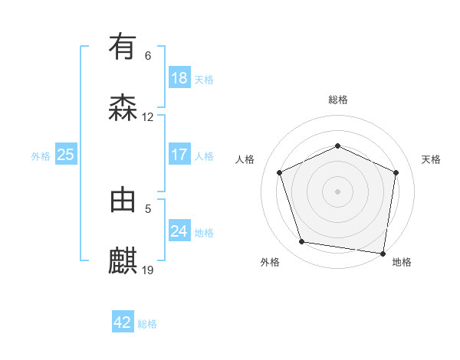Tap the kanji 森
coord(123,108)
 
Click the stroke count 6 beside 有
coord(148,56)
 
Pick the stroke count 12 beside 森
coord(148,117)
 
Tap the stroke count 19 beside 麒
coord(148,270)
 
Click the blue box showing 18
coord(179,78)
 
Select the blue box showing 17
coord(179,155)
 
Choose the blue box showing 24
coord(179,231)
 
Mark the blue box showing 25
coord(65,155)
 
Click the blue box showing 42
coord(123,322)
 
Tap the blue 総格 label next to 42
coord(148,324)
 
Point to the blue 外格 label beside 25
coord(41,156)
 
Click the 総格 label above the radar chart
coord(338,100)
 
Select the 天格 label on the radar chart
coord(432,159)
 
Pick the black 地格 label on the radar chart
coord(402,263)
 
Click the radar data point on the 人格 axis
coord(280,172)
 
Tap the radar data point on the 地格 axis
coord(383,252)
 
